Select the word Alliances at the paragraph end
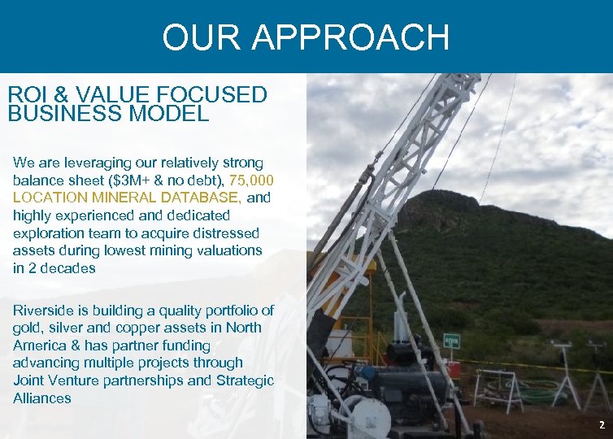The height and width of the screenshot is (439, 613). point(41,398)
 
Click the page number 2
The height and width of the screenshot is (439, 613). point(601,424)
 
